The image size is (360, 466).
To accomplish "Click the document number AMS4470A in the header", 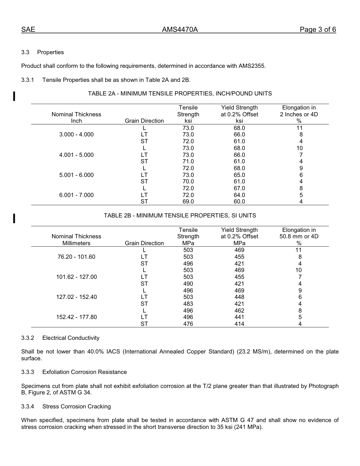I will tap(180, 30).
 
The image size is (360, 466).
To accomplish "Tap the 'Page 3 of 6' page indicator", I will tap(318, 30).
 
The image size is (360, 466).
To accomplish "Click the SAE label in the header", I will tap(28, 30).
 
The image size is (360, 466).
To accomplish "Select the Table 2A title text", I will tap(180, 94).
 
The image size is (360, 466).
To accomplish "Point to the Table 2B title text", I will tap(180, 216).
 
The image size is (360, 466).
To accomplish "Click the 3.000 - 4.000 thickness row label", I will tap(77, 134).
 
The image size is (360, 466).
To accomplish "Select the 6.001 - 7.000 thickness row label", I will tap(77, 195).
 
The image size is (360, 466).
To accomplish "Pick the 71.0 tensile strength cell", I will tap(188, 161).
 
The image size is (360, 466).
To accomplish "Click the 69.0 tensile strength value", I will tap(188, 202).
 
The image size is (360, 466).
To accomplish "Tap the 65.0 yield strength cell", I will tap(239, 175).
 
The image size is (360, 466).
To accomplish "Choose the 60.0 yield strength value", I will tap(239, 202).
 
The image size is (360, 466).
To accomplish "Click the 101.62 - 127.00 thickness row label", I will tap(77, 277).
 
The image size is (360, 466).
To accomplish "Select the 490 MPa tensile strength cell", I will tap(188, 284).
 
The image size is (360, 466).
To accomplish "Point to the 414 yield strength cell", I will tap(239, 324).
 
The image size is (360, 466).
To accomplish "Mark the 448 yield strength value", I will tap(239, 297).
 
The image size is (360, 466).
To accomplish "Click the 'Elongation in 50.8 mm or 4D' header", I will tap(299, 236).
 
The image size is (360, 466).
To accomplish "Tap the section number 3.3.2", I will tap(28, 338).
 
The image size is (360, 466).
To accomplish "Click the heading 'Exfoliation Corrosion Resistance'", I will tap(85, 372).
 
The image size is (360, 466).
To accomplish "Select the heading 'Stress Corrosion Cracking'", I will tap(77, 407).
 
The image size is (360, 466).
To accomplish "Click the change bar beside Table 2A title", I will tap(14, 96).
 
